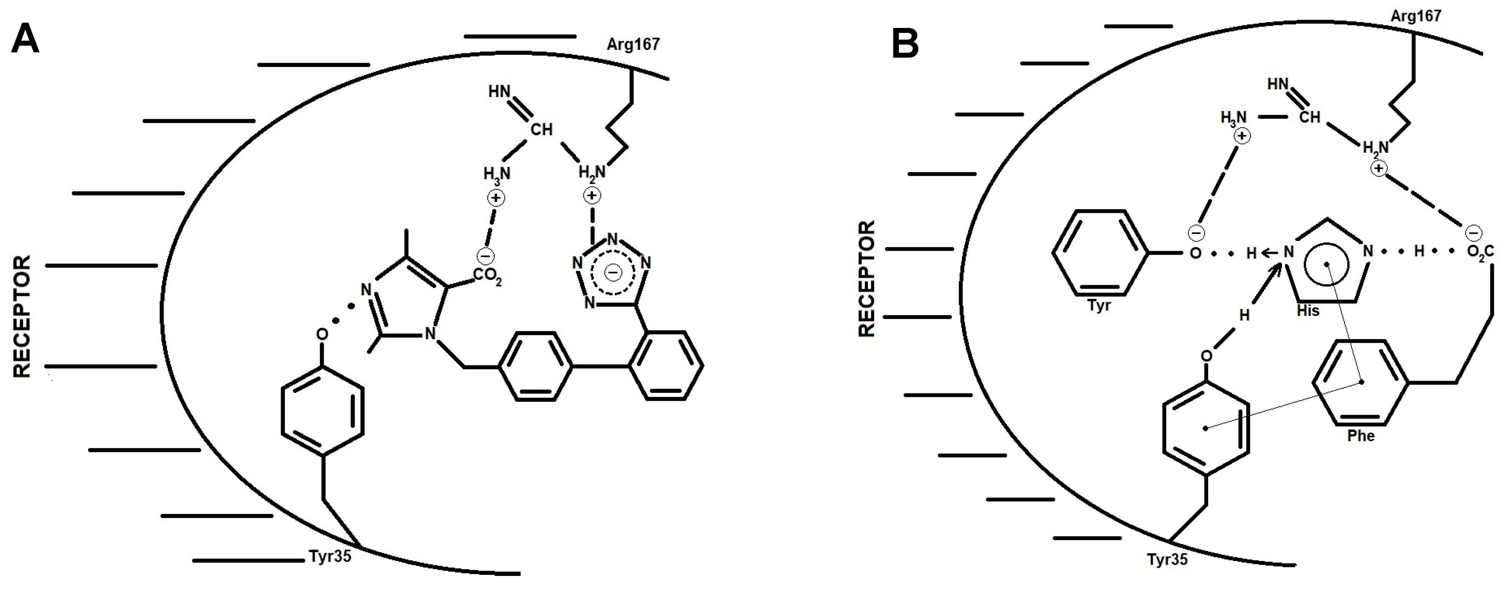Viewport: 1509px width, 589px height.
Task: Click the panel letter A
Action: click(x=25, y=40)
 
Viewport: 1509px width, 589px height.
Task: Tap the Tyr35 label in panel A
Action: click(x=330, y=556)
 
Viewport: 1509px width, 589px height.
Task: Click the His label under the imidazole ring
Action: click(x=1308, y=311)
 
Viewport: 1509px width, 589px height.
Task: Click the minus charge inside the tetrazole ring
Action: click(x=613, y=272)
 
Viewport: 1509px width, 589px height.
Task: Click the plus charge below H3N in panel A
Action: click(x=496, y=198)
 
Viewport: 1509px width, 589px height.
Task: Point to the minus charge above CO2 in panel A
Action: click(x=486, y=256)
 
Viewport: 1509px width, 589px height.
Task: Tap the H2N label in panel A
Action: click(x=592, y=173)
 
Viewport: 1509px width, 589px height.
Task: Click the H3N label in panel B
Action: click(x=1233, y=118)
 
